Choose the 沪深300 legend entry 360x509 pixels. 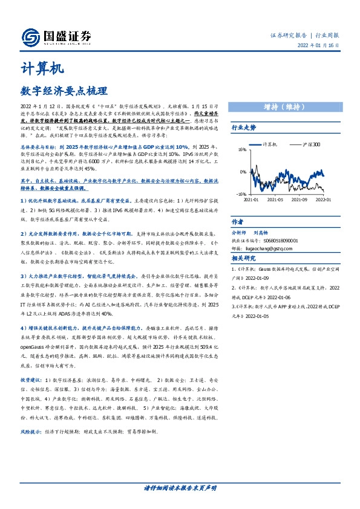313,145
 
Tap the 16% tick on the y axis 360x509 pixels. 242,149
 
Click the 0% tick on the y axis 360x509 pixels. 243,172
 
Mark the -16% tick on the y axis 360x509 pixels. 241,195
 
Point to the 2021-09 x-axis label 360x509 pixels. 299,199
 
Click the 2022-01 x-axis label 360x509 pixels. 324,199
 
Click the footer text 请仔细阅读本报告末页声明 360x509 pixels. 180,487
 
